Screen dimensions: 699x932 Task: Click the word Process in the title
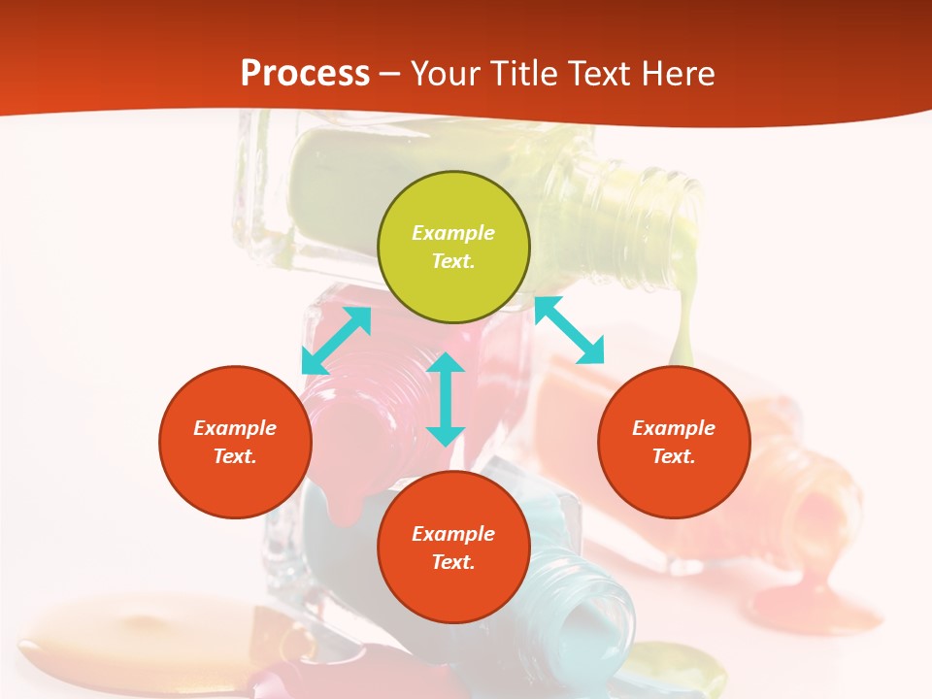305,73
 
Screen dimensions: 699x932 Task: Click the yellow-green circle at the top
453,282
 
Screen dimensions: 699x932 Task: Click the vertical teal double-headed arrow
446,399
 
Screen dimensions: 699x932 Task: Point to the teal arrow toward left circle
336,340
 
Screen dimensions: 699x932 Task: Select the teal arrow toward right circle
569,330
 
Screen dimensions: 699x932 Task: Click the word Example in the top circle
453,233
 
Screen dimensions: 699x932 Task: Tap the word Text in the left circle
235,456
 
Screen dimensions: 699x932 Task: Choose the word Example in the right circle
674,428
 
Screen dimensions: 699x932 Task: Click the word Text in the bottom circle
453,562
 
